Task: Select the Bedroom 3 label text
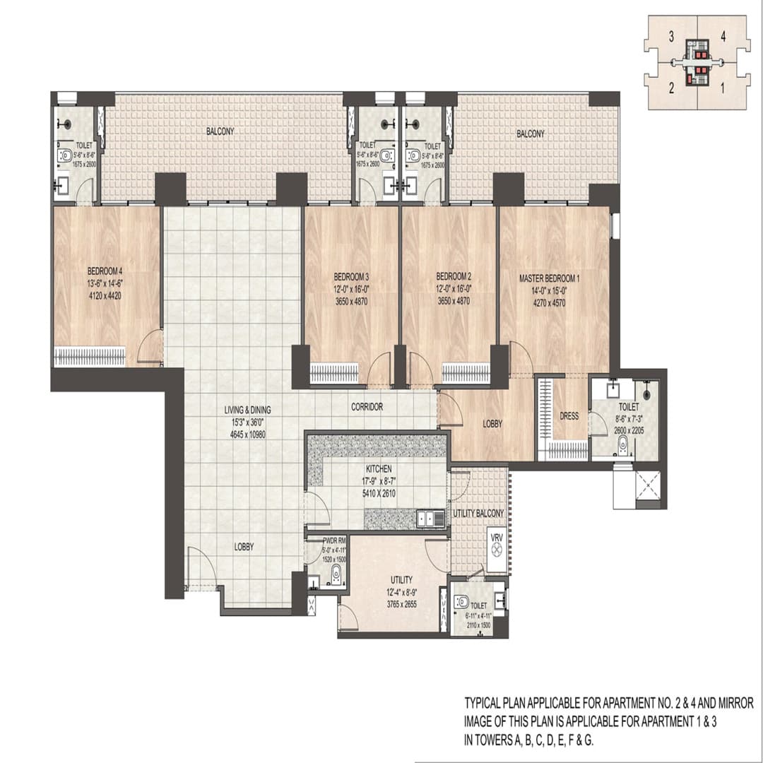[351, 276]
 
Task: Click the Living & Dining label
[247, 409]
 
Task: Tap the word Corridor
[367, 407]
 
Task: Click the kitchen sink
[430, 519]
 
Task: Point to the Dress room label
[569, 416]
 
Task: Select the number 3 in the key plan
[670, 38]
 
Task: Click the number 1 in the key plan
[721, 88]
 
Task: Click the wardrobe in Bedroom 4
[90, 356]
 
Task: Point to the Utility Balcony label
[478, 513]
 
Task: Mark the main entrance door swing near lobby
[201, 569]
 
